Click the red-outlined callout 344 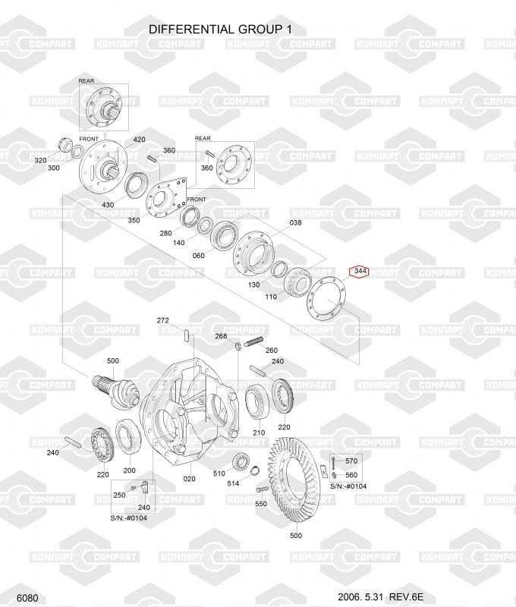tap(360, 272)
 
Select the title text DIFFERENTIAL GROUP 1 tap(220, 30)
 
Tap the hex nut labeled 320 tap(64, 146)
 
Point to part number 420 tap(140, 140)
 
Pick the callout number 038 tap(295, 222)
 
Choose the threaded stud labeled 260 tap(253, 342)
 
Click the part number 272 tap(163, 320)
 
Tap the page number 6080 tap(27, 598)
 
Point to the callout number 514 tap(233, 483)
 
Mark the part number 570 tap(351, 461)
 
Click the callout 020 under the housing tap(189, 479)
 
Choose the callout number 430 tap(108, 205)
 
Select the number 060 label tap(199, 256)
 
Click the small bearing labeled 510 tap(241, 462)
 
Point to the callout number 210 tap(259, 432)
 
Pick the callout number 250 tap(119, 495)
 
